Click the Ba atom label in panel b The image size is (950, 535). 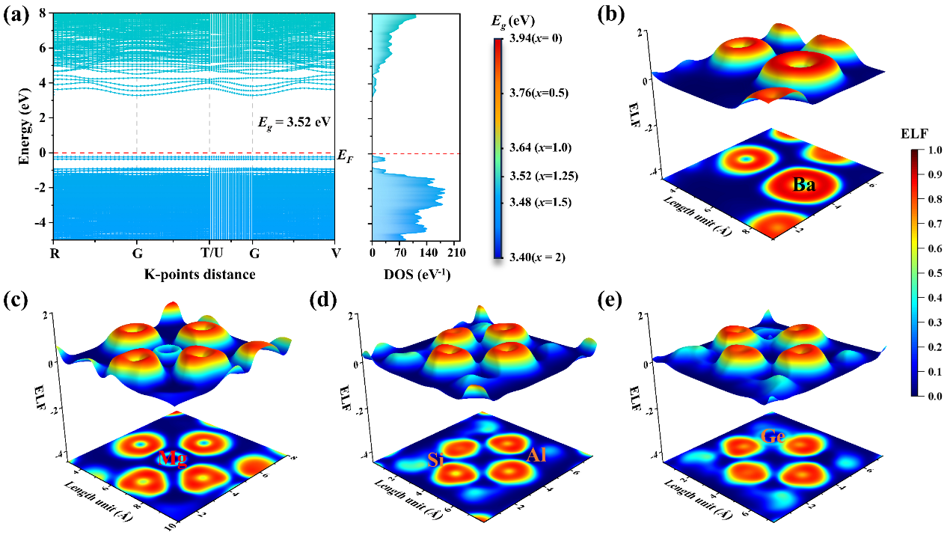tap(804, 185)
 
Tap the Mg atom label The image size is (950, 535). tap(171, 458)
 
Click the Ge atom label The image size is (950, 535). tap(773, 435)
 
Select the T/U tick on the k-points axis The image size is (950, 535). tap(209, 253)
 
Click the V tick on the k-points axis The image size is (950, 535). tap(336, 253)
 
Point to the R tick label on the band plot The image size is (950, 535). tap(53, 253)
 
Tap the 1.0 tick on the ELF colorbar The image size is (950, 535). tap(929, 150)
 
